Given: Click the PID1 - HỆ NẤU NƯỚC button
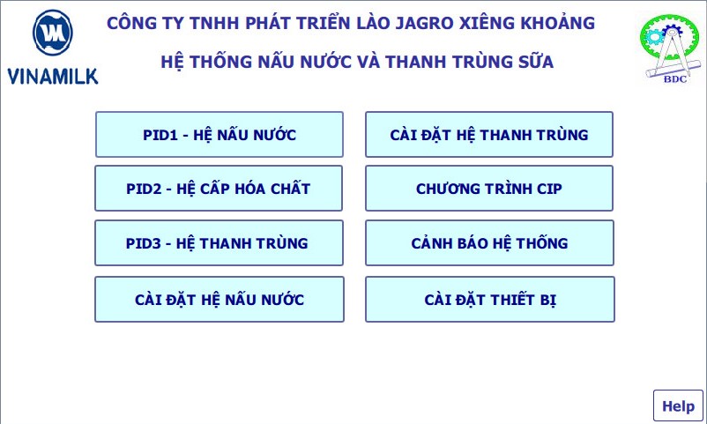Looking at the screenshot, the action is click(220, 134).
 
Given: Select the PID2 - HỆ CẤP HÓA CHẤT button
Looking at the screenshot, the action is click(219, 188).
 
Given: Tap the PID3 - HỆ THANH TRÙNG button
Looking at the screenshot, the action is click(220, 242).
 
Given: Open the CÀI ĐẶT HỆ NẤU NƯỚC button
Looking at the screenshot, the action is click(220, 299).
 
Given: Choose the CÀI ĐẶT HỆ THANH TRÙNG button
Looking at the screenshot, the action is click(489, 134).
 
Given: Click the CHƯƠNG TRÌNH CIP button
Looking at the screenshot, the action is click(489, 188).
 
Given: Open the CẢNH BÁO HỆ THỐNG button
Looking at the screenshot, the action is click(489, 242).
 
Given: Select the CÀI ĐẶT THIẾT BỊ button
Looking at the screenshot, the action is click(490, 299).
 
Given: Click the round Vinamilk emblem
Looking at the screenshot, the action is click(53, 33).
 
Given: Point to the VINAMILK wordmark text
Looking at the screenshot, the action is click(53, 76).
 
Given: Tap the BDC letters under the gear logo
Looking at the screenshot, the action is click(675, 79).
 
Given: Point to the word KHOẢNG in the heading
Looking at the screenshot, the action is click(558, 23).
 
